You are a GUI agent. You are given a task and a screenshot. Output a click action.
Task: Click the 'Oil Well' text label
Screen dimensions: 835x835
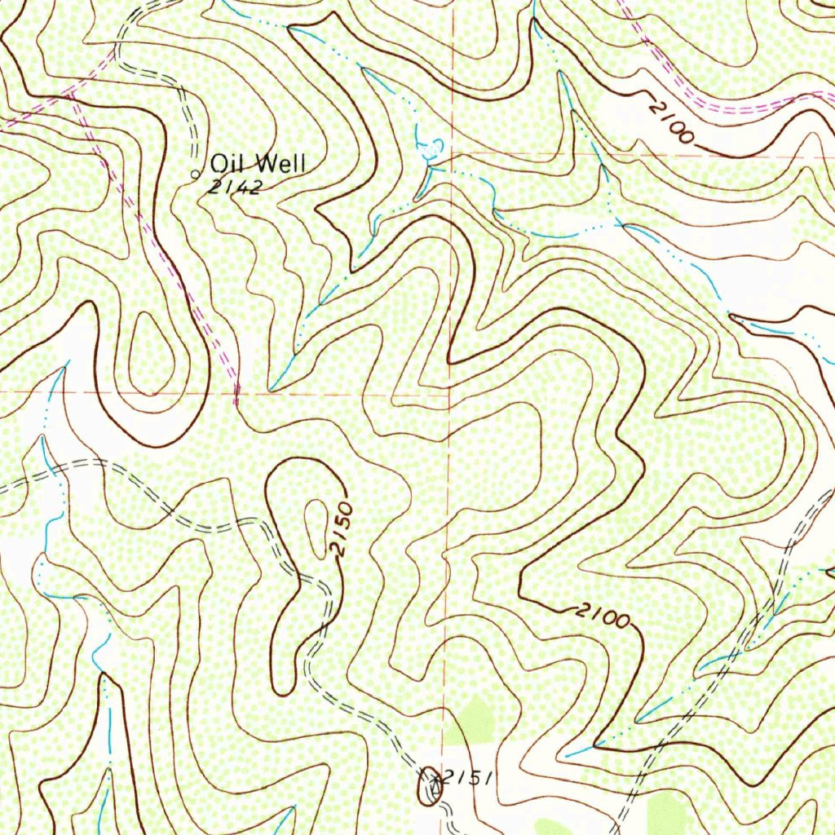pos(258,163)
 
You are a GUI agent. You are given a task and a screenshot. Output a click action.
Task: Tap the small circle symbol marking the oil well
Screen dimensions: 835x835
pos(194,174)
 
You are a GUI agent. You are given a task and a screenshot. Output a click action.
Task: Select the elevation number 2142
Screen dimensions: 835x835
pos(234,188)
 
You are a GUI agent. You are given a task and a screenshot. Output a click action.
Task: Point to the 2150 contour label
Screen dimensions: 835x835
pos(342,530)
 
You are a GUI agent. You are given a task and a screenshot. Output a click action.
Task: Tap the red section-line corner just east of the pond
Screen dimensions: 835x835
pos(453,152)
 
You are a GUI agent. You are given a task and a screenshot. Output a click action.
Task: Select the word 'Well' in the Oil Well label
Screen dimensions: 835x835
pos(281,163)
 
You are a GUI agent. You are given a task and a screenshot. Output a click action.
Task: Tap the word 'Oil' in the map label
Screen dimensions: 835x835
pos(228,163)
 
